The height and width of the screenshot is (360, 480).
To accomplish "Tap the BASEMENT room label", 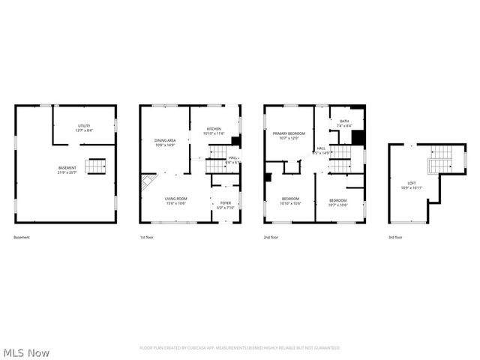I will tap(67, 169).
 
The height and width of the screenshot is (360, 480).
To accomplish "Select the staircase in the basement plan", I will tap(96, 166).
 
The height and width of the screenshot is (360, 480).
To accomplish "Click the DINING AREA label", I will tap(165, 142).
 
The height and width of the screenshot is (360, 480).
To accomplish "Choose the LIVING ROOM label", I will tap(175, 201).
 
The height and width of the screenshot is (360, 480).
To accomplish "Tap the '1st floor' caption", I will tap(147, 238).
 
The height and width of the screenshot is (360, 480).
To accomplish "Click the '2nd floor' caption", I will tap(271, 238).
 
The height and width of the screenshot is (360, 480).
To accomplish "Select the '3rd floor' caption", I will tap(395, 238).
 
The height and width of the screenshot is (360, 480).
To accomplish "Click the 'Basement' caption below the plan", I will tap(22, 238).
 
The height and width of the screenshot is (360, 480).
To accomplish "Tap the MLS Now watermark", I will tap(26, 352).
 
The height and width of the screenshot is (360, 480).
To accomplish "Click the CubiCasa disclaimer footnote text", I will tap(240, 348).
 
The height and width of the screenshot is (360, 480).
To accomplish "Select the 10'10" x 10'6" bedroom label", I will tap(289, 202).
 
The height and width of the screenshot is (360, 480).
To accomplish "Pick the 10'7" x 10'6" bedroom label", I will tap(337, 202).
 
